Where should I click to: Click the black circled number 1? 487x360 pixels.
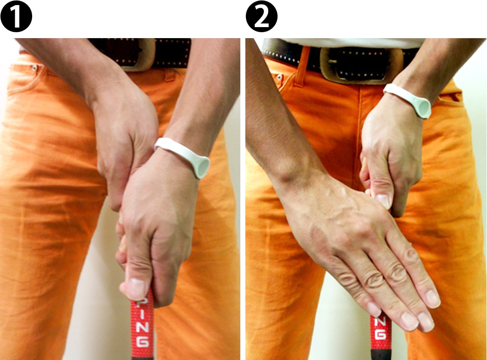[x=16, y=16]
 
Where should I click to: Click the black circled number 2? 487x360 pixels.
[x=261, y=16]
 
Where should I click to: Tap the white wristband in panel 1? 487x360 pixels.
[x=183, y=157]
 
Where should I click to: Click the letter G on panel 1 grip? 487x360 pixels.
[x=143, y=341]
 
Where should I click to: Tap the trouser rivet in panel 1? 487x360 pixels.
[x=34, y=67]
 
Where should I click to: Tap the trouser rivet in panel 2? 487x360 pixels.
[x=279, y=77]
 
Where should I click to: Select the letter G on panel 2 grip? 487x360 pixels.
[x=380, y=334]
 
